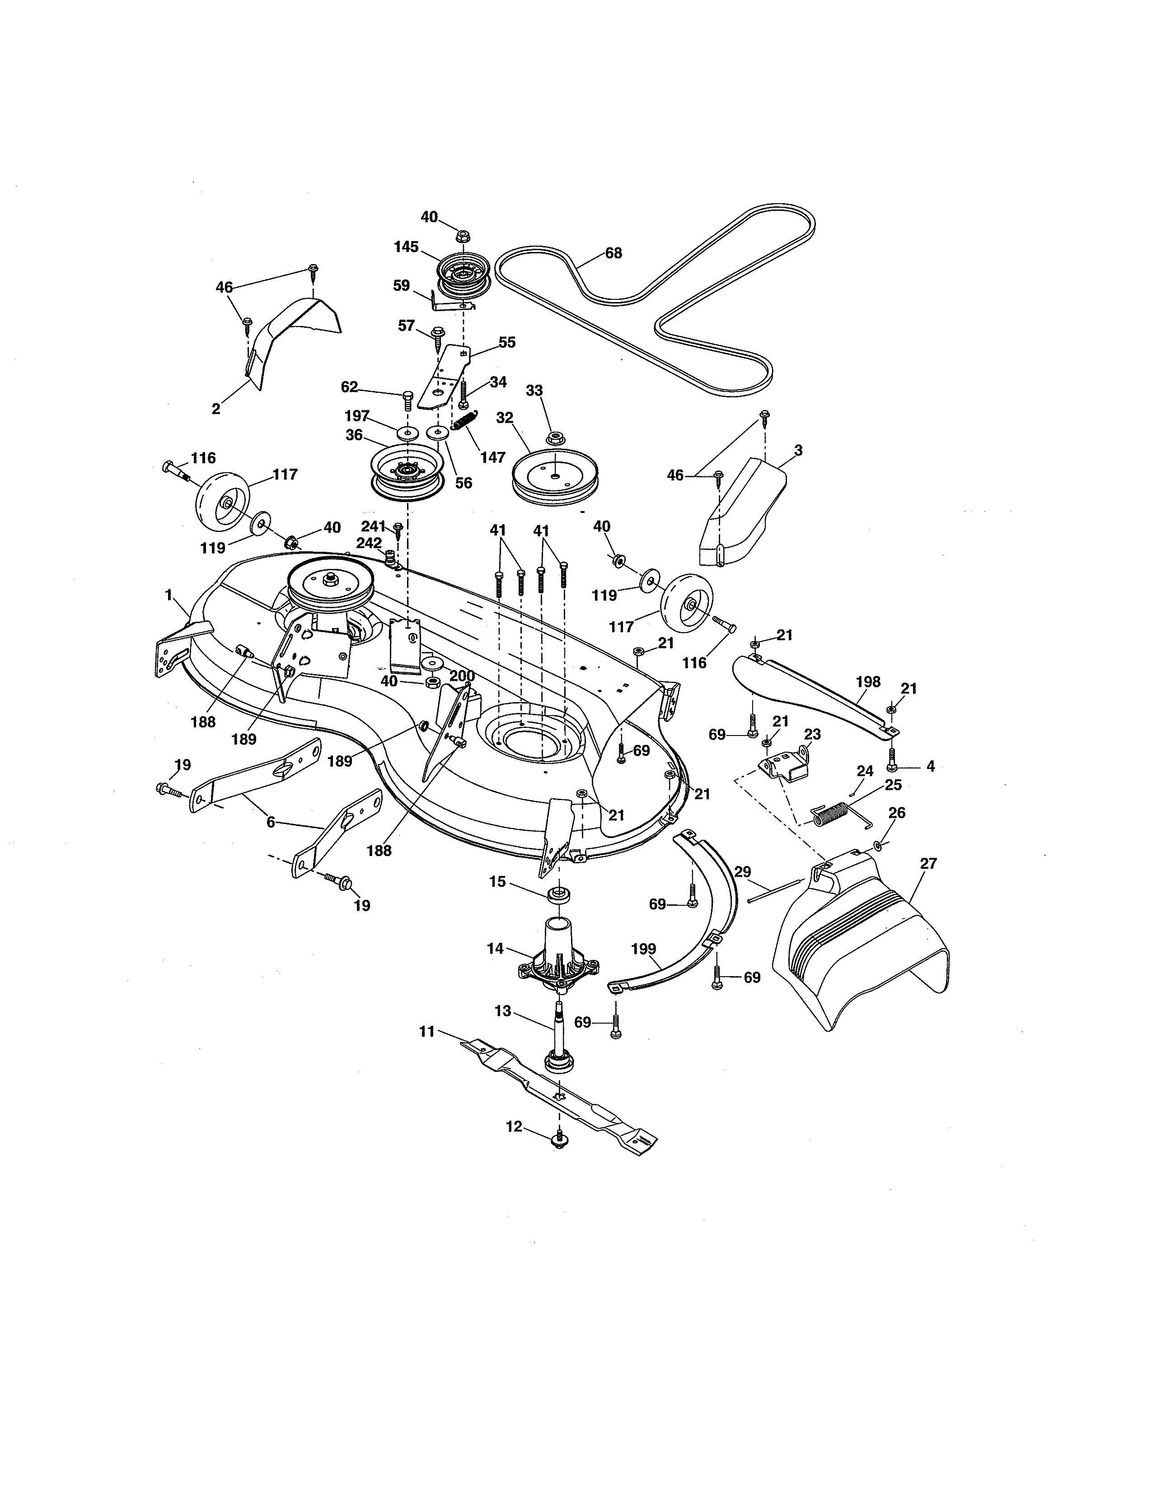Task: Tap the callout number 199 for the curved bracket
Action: click(x=644, y=949)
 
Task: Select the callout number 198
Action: click(x=867, y=681)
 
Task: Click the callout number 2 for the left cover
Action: click(x=215, y=409)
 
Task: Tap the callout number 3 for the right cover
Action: click(x=798, y=450)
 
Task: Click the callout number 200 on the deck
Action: click(x=462, y=676)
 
